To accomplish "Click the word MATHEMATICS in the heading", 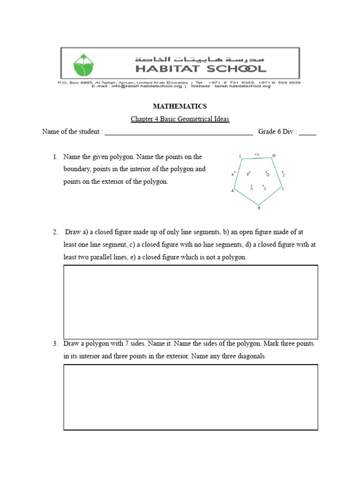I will (180, 107).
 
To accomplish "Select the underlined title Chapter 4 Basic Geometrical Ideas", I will (180, 119).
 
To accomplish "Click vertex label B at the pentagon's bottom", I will (259, 209).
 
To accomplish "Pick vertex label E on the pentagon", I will (240, 156).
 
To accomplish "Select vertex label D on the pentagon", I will (274, 156).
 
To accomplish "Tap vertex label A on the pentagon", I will (232, 191).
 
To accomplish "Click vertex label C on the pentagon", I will (283, 189).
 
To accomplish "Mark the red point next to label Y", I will (255, 154).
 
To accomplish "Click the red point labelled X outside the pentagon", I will (235, 172).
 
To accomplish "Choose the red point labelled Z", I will (282, 172).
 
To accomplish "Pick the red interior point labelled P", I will (250, 172).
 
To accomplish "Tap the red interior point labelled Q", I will (266, 172).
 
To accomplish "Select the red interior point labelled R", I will (252, 186).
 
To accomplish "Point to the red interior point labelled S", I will (263, 186).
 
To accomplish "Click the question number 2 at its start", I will (55, 232).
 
